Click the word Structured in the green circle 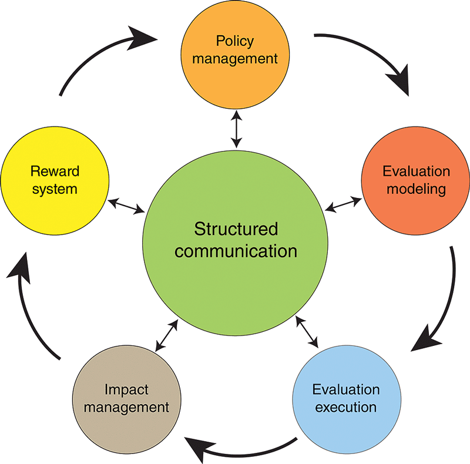pyautogui.click(x=236, y=228)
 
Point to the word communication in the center pyautogui.click(x=236, y=251)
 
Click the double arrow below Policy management pyautogui.click(x=236, y=130)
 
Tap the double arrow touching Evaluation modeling pyautogui.click(x=344, y=203)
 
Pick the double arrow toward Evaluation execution pyautogui.click(x=307, y=332)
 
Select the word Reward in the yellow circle pyautogui.click(x=55, y=172)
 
